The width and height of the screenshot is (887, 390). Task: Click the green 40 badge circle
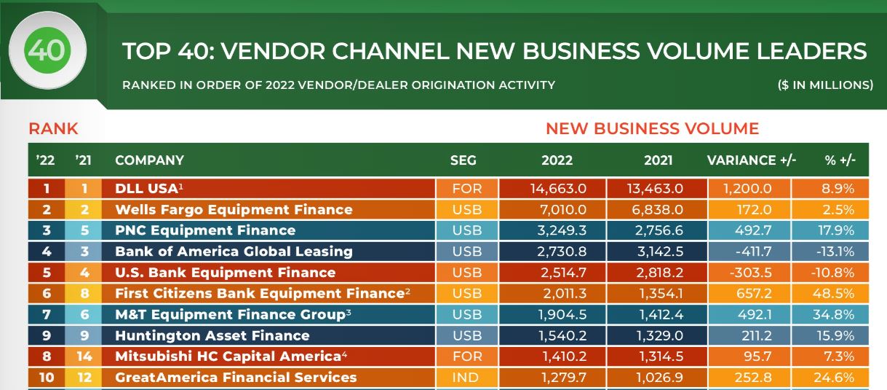47,50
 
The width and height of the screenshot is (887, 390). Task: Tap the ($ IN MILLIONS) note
825,85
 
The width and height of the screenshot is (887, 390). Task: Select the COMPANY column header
149,160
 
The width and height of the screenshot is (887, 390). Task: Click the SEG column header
463,160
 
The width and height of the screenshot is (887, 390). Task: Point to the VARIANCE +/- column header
751,160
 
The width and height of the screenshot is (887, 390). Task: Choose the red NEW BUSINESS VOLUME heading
652,128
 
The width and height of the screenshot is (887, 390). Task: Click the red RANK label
53,128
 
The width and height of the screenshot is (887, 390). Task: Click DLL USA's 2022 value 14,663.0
558,189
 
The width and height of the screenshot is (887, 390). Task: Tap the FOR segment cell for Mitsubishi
467,356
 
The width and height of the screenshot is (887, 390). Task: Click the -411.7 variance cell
753,251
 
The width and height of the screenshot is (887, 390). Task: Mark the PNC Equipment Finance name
205,230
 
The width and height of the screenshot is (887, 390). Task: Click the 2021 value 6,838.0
657,209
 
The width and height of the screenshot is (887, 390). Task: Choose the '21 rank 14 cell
84,356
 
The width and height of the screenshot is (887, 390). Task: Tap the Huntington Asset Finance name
212,335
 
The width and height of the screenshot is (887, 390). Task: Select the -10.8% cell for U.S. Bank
832,273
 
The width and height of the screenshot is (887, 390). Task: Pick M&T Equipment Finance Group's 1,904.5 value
562,315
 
